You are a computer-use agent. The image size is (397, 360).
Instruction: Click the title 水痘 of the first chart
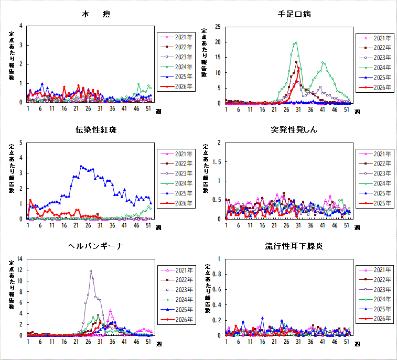click(x=96, y=14)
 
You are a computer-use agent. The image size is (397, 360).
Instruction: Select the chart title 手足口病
click(x=294, y=14)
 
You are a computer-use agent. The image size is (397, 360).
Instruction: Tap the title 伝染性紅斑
click(x=96, y=130)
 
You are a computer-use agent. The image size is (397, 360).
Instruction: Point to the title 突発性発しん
click(x=294, y=130)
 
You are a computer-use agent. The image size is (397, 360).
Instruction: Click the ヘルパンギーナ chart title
click(x=95, y=246)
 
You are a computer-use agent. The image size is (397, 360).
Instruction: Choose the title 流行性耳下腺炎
click(x=294, y=246)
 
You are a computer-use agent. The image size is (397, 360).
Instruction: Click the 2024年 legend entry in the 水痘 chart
click(x=176, y=67)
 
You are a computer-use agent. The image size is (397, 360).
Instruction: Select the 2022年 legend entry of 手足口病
click(x=375, y=48)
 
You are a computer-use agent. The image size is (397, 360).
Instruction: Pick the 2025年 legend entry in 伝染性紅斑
click(x=176, y=193)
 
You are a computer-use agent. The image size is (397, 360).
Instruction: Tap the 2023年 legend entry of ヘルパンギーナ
click(x=177, y=290)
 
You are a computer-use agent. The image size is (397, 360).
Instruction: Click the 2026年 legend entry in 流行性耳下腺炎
click(x=375, y=319)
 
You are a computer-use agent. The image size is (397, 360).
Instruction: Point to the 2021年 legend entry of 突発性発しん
click(x=375, y=154)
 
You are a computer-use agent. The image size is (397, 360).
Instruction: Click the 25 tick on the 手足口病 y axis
click(x=218, y=27)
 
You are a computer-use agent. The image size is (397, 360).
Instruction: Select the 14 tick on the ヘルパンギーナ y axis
click(x=19, y=259)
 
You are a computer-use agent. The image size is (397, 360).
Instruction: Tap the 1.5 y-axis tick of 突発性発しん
click(x=217, y=161)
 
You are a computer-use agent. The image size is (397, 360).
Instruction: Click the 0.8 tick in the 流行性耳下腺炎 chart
click(x=217, y=274)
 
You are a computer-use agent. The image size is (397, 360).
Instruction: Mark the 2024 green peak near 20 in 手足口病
click(x=296, y=43)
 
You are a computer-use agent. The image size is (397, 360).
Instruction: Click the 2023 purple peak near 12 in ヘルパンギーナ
click(x=91, y=271)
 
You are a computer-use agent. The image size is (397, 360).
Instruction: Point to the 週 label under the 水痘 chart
click(x=158, y=111)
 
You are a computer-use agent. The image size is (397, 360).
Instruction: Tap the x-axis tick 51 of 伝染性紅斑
click(x=148, y=225)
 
